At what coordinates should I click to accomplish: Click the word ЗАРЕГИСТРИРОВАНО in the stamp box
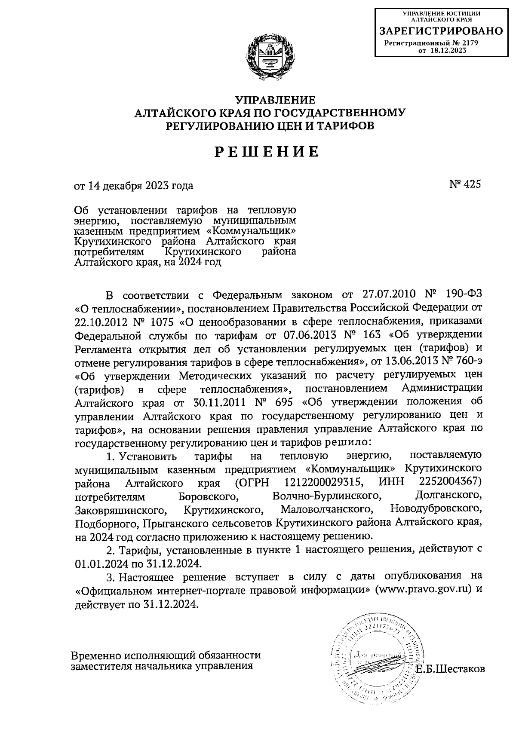[x=441, y=31]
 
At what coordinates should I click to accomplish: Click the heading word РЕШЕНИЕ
[x=267, y=152]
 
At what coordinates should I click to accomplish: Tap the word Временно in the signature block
[x=95, y=655]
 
